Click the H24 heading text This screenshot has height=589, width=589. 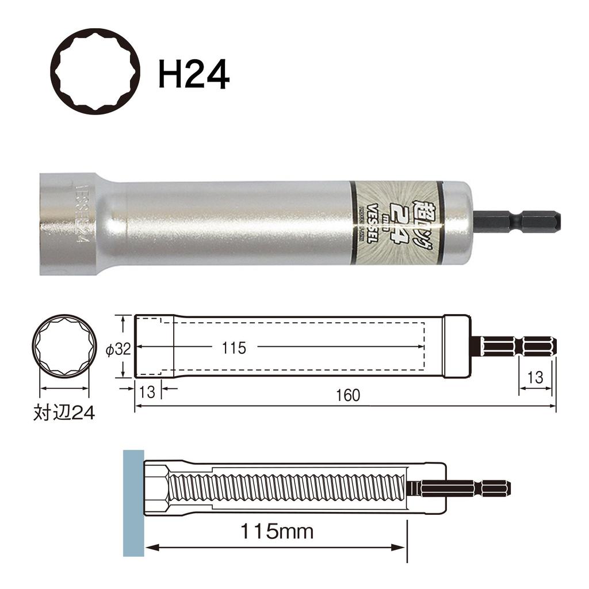pyautogui.click(x=194, y=75)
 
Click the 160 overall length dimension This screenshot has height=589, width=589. pyautogui.click(x=349, y=395)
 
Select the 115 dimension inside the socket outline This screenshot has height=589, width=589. pyautogui.click(x=234, y=348)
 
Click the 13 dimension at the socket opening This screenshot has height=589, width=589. pyautogui.click(x=147, y=393)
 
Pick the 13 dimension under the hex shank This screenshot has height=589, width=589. pyautogui.click(x=535, y=377)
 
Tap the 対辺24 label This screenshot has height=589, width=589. pyautogui.click(x=63, y=413)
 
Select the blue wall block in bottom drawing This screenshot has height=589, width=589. pyautogui.click(x=133, y=502)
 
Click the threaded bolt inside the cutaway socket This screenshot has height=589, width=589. pyautogui.click(x=288, y=488)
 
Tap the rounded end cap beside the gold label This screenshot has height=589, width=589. pyautogui.click(x=458, y=223)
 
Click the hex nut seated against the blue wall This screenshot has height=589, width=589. pyautogui.click(x=156, y=488)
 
